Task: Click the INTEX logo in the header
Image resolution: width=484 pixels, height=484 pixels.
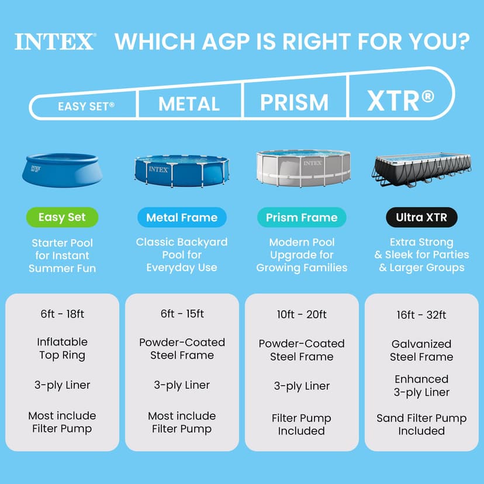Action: click(x=54, y=42)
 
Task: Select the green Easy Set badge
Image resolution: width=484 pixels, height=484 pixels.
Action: click(x=61, y=217)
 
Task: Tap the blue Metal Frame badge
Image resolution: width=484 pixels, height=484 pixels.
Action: click(x=182, y=217)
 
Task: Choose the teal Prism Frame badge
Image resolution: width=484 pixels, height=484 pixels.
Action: click(x=302, y=217)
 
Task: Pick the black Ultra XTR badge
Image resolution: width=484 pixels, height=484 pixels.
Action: click(x=421, y=217)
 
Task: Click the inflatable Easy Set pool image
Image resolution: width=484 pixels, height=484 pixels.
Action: click(x=62, y=170)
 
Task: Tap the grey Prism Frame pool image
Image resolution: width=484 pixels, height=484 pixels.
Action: click(x=303, y=168)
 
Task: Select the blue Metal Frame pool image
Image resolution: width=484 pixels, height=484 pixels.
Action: click(x=182, y=171)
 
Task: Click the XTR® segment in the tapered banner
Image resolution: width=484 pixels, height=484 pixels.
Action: click(x=401, y=101)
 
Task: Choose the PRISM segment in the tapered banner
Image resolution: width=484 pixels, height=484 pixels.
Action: click(x=294, y=103)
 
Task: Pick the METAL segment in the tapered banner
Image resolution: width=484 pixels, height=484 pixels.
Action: click(x=189, y=105)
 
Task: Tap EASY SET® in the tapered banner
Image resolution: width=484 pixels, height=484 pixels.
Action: click(x=86, y=107)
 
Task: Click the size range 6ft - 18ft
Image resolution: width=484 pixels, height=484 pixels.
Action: click(x=62, y=314)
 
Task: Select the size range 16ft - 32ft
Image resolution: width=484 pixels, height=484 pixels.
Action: click(x=421, y=315)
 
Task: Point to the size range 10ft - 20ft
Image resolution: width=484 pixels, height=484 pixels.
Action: click(x=302, y=314)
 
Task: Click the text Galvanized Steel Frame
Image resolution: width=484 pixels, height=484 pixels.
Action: click(x=421, y=350)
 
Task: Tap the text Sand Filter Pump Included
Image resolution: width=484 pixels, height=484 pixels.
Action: click(x=421, y=424)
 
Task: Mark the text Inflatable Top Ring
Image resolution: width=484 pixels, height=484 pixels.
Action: click(x=62, y=348)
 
